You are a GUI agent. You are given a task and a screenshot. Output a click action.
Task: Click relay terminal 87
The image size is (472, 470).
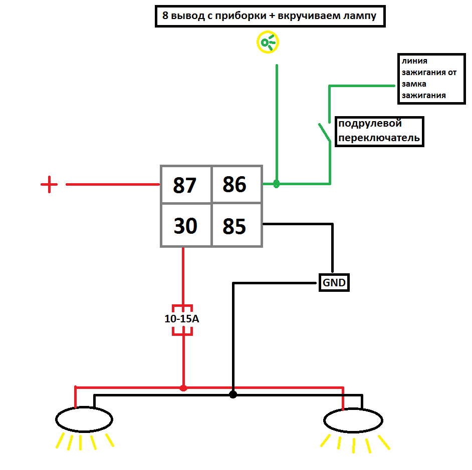pyautogui.click(x=186, y=185)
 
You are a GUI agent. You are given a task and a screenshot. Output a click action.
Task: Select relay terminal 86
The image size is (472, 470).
pyautogui.click(x=237, y=184)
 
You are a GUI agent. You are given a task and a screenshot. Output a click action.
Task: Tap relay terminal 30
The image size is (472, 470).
pyautogui.click(x=186, y=225)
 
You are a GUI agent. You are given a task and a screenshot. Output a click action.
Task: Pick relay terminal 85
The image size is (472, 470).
pyautogui.click(x=237, y=225)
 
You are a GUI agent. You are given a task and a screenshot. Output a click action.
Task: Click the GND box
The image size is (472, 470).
pyautogui.click(x=334, y=283)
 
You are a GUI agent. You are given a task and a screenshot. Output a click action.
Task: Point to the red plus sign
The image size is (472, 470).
pyautogui.click(x=49, y=184)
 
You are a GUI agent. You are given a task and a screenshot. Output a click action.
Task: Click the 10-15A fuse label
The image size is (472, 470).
pyautogui.click(x=182, y=319)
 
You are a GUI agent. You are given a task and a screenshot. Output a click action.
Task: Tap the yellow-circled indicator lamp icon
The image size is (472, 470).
pyautogui.click(x=268, y=42)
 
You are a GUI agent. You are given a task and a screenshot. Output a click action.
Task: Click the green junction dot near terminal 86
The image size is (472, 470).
pyautogui.click(x=276, y=183)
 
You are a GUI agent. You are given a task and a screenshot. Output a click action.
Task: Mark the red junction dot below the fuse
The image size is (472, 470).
pyautogui.click(x=183, y=388)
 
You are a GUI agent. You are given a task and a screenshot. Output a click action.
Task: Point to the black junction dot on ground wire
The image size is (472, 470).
pyautogui.click(x=233, y=394)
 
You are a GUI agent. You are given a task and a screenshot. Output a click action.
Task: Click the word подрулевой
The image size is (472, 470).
pyautogui.click(x=370, y=123)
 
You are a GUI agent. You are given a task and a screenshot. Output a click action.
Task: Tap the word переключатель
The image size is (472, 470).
pyautogui.click(x=379, y=138)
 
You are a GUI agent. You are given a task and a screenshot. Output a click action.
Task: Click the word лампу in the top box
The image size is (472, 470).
pyautogui.click(x=360, y=16)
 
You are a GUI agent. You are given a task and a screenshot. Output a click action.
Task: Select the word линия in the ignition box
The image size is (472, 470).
pyautogui.click(x=414, y=61)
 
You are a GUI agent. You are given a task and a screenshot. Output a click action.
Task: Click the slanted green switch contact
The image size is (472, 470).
pyautogui.click(x=325, y=132)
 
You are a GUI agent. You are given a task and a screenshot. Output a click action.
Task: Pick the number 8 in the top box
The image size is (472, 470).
pyautogui.click(x=165, y=15)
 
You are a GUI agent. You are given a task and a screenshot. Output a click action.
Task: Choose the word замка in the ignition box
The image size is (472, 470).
pyautogui.click(x=414, y=84)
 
